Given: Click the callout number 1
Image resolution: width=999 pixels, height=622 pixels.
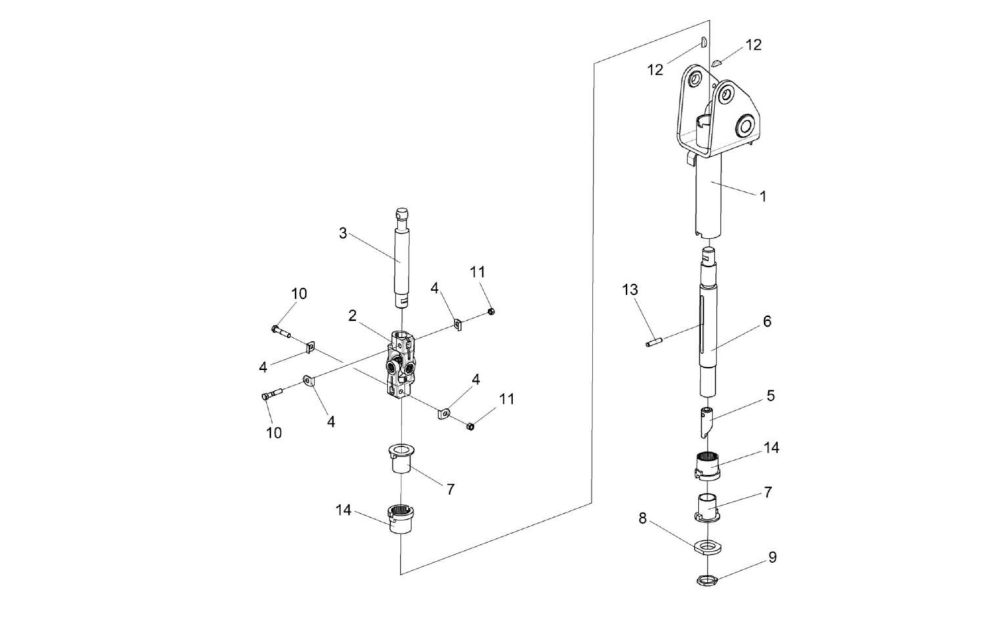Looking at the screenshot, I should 762,196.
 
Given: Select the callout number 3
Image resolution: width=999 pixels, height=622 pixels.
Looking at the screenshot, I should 342,233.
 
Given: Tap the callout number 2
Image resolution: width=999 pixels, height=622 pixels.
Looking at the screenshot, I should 352,315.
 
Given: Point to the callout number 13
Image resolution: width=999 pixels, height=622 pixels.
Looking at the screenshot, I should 630,290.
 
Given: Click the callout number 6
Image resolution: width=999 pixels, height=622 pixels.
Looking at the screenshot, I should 767,321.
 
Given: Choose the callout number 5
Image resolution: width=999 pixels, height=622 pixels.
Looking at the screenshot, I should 770,396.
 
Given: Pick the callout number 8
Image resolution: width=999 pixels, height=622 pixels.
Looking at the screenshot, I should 642,518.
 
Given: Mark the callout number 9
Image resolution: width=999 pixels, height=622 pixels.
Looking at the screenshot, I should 772,557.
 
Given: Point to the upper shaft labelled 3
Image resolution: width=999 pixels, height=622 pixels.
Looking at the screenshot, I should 401,263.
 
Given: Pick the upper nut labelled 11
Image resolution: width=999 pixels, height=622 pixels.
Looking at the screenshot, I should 491,311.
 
